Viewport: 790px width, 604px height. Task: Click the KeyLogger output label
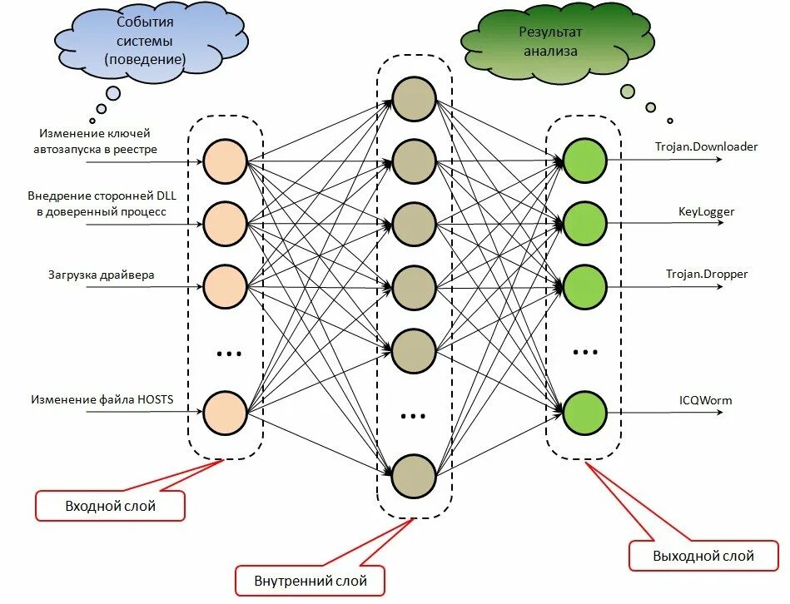tap(706, 211)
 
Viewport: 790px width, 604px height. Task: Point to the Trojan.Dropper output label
tap(706, 274)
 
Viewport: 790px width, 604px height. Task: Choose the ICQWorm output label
tap(705, 400)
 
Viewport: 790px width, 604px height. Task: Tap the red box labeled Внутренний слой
tap(311, 580)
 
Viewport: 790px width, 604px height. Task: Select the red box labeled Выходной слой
tap(703, 556)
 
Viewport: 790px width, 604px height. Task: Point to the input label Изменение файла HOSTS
tap(102, 400)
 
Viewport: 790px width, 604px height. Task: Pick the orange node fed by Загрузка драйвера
tap(226, 286)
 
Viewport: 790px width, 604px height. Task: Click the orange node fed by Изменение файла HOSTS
tap(226, 412)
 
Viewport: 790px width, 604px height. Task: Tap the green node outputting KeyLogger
tap(584, 222)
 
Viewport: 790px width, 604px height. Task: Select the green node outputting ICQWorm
tap(584, 412)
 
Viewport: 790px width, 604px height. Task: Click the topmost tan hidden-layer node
tap(415, 98)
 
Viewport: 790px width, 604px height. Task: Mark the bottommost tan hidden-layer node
tap(415, 476)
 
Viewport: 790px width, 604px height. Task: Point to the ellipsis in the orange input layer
tap(227, 354)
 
